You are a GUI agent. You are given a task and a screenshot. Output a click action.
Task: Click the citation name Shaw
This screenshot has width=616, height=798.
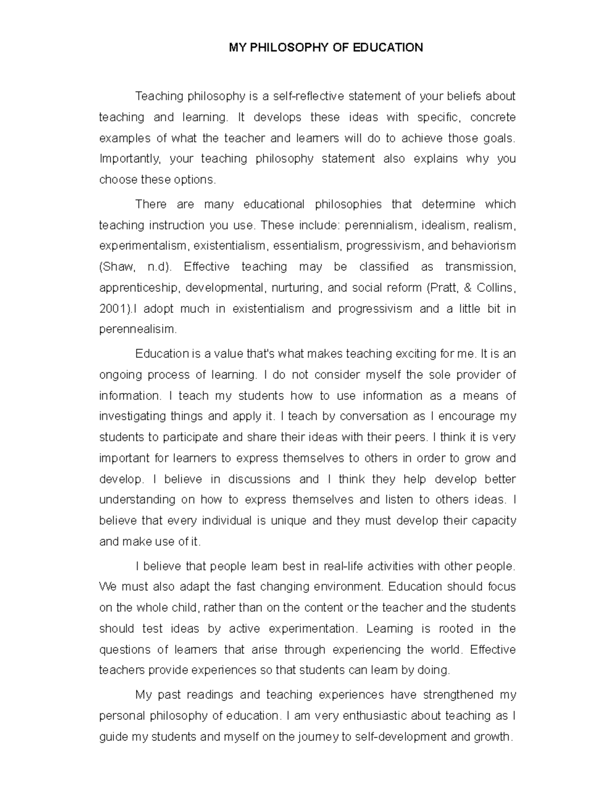(118, 267)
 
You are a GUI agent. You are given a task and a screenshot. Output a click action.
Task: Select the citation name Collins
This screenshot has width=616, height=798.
(495, 288)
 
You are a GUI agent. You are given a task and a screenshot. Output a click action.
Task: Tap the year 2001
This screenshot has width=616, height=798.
(111, 309)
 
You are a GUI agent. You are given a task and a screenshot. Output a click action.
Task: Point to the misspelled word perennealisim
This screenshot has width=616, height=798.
(137, 329)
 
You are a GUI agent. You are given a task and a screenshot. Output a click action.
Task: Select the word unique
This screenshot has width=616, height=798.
(288, 521)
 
